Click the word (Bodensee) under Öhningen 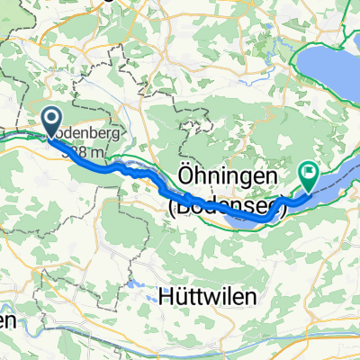click(227, 205)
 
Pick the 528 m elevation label click(84, 153)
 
